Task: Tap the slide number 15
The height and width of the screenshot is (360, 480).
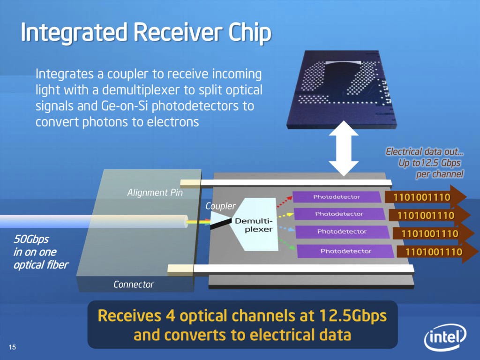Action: point(12,347)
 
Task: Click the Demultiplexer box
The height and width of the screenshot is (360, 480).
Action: point(253,225)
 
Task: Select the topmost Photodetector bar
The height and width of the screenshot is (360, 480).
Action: point(336,197)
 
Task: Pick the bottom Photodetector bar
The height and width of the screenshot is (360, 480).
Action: point(345,251)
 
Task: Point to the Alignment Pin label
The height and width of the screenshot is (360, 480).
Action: point(155,192)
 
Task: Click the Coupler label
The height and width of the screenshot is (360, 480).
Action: point(220,206)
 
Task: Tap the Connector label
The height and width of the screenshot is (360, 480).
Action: point(134,284)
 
